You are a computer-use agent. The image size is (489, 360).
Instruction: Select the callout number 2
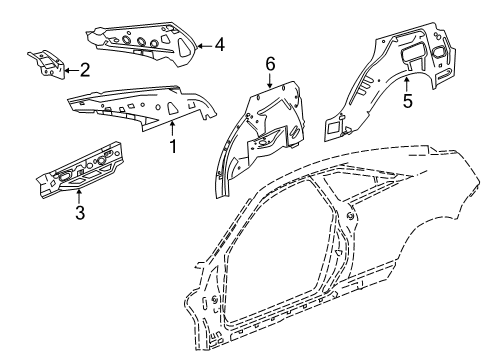[x=84, y=70]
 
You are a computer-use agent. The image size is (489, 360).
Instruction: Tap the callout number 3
[x=79, y=212]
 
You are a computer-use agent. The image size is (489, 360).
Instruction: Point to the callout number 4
[x=219, y=44]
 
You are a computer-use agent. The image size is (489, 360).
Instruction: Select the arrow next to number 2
[x=70, y=70]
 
